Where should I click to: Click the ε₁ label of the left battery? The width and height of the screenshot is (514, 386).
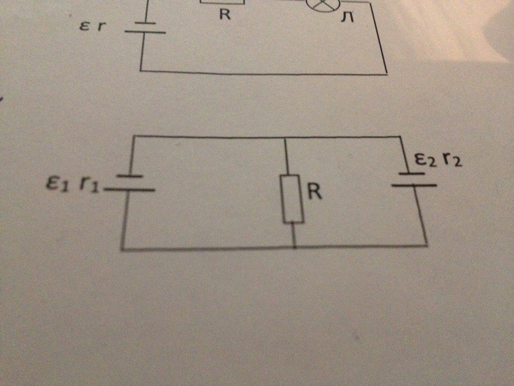pos(57,185)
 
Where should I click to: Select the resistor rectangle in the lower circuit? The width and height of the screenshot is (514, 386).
pos(294,198)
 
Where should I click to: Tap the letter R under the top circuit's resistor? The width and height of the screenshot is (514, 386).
pos(225,15)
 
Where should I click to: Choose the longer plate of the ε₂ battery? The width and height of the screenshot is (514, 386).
pos(414,185)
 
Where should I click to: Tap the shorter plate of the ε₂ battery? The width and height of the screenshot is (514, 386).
pos(412,174)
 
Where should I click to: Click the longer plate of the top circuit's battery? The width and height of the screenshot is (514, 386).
pos(145,32)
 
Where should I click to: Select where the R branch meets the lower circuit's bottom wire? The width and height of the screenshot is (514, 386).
pos(294,248)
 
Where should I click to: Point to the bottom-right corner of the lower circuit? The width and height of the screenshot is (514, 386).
pos(427,245)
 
